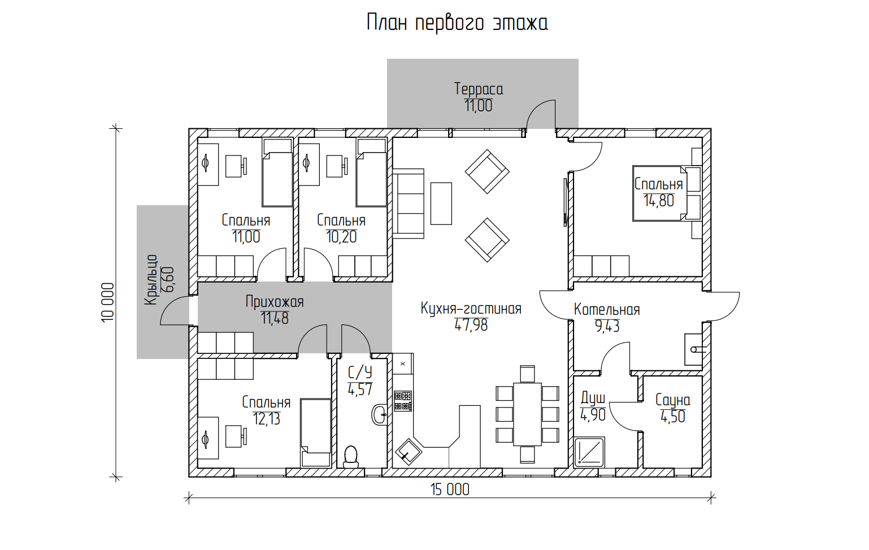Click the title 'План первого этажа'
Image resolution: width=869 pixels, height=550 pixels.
457,23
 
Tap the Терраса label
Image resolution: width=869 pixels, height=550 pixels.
479,89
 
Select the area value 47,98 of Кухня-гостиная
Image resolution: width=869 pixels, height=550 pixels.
471,325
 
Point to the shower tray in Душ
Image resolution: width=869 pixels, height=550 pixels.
589,453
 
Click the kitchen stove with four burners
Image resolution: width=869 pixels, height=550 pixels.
403,401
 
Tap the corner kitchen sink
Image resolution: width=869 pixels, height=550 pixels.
409,452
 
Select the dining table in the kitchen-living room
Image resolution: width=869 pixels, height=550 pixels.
527,414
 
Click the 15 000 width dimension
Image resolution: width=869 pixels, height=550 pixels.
450,490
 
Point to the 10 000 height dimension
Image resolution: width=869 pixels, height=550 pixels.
108,302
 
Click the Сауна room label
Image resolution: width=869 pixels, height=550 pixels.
673,400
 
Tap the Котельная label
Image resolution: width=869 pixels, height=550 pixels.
607,310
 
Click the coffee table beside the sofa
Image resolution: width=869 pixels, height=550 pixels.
441,203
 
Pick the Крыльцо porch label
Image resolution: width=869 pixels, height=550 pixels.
151,279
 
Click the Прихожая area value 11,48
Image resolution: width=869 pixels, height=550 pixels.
275,318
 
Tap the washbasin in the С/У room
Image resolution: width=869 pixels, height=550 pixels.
380,415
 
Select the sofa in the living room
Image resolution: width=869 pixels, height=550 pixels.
408,203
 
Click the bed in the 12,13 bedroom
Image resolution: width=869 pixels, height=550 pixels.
316,432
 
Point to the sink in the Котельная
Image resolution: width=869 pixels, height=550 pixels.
694,349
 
